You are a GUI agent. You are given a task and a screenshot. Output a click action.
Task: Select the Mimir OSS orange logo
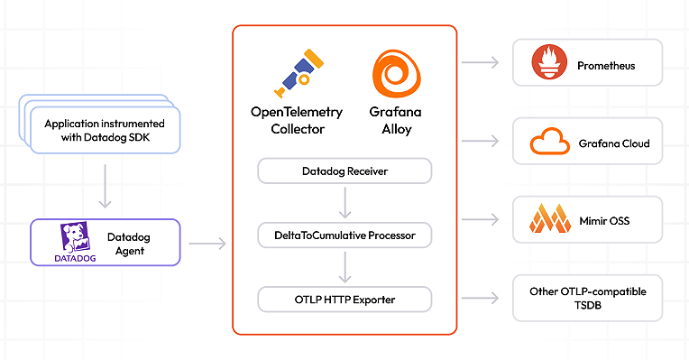coord(548,219)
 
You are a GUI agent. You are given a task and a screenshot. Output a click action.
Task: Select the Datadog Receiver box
coord(344,171)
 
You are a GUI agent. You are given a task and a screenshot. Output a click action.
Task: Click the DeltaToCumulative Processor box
coord(344,235)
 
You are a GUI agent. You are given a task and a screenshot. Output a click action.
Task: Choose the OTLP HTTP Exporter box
coord(344,299)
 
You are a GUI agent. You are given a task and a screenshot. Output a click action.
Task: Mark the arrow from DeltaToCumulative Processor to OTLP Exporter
coord(344,267)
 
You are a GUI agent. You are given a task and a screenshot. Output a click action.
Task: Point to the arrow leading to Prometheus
coord(480,62)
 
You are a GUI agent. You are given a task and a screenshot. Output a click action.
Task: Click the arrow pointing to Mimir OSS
coord(480,219)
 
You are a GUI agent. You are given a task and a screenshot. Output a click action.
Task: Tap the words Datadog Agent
coord(134,243)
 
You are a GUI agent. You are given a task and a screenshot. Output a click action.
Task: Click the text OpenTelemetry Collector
coord(297,121)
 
